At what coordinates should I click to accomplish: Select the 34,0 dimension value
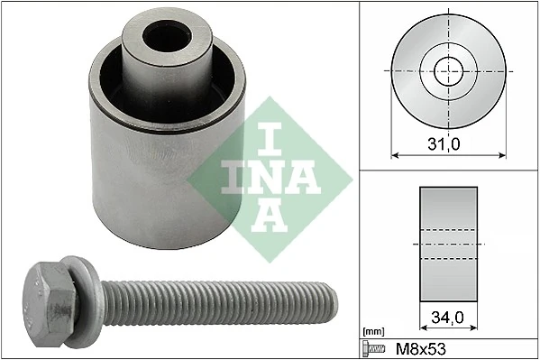447,318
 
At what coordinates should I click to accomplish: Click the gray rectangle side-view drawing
447,244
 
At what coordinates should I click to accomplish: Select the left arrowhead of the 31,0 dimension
394,154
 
